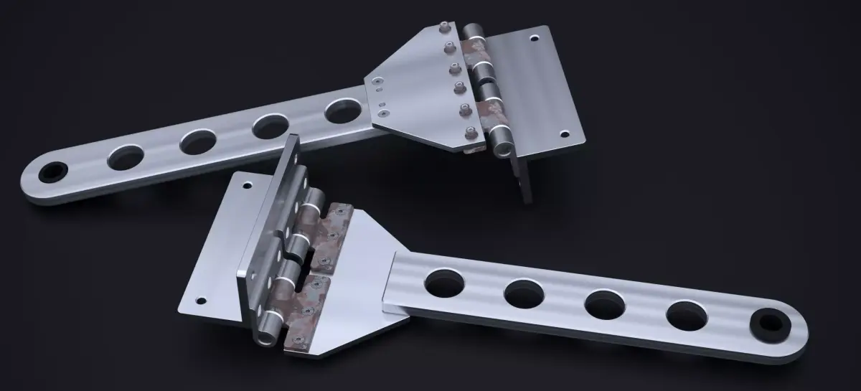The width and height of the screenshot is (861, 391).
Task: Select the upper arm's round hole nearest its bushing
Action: [126, 156]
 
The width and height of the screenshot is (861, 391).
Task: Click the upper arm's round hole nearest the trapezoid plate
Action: [344, 111]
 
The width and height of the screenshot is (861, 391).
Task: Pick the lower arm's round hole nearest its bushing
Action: [687, 316]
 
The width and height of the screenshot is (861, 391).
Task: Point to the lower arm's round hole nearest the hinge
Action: [443, 282]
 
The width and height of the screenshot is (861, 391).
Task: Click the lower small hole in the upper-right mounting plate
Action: [564, 133]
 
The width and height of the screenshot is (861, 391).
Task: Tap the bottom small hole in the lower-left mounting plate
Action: [201, 301]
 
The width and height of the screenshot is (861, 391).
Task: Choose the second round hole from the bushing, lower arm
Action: [605, 304]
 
